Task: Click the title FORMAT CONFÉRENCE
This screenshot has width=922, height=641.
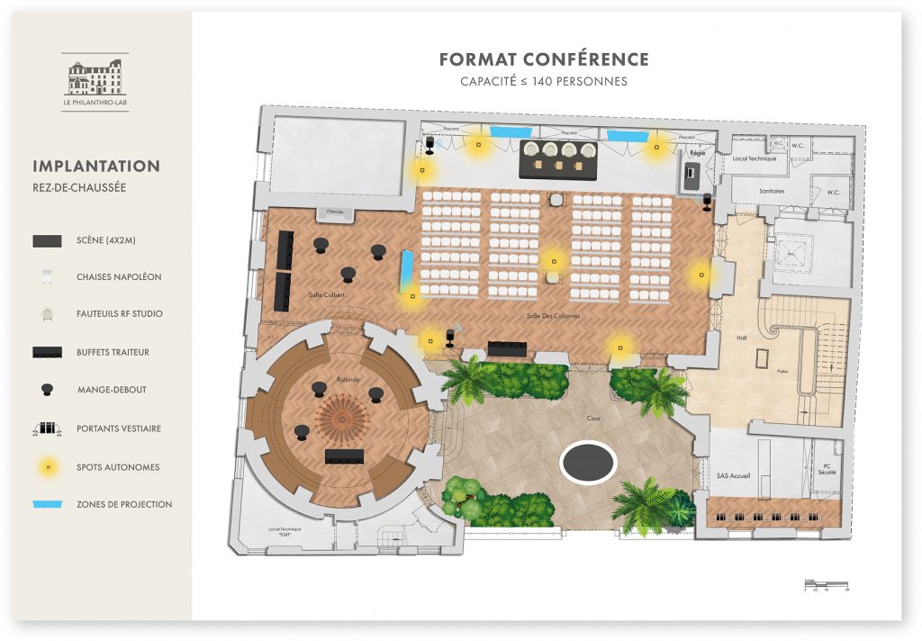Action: tap(543, 59)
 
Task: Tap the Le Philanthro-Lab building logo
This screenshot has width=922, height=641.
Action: tap(95, 78)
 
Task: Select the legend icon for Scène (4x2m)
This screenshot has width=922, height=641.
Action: tap(47, 240)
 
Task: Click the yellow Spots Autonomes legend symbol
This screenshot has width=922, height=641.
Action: tap(47, 466)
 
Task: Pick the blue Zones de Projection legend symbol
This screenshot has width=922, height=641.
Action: tap(47, 504)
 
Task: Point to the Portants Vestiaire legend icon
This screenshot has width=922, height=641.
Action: tap(47, 429)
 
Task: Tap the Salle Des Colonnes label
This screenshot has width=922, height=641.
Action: tap(553, 316)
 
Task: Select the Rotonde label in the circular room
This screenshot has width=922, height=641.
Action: tap(348, 380)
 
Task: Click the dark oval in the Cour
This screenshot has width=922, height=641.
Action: tap(588, 463)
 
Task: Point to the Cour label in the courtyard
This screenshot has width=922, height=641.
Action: tap(593, 419)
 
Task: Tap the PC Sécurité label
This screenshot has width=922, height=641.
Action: tap(827, 469)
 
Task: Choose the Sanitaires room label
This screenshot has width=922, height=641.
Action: tap(771, 191)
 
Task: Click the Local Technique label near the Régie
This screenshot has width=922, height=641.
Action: tap(753, 158)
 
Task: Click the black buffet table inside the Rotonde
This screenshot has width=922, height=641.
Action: tap(344, 456)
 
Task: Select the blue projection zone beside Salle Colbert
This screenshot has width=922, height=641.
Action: tap(407, 266)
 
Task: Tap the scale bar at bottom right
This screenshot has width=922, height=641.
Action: tap(826, 586)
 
